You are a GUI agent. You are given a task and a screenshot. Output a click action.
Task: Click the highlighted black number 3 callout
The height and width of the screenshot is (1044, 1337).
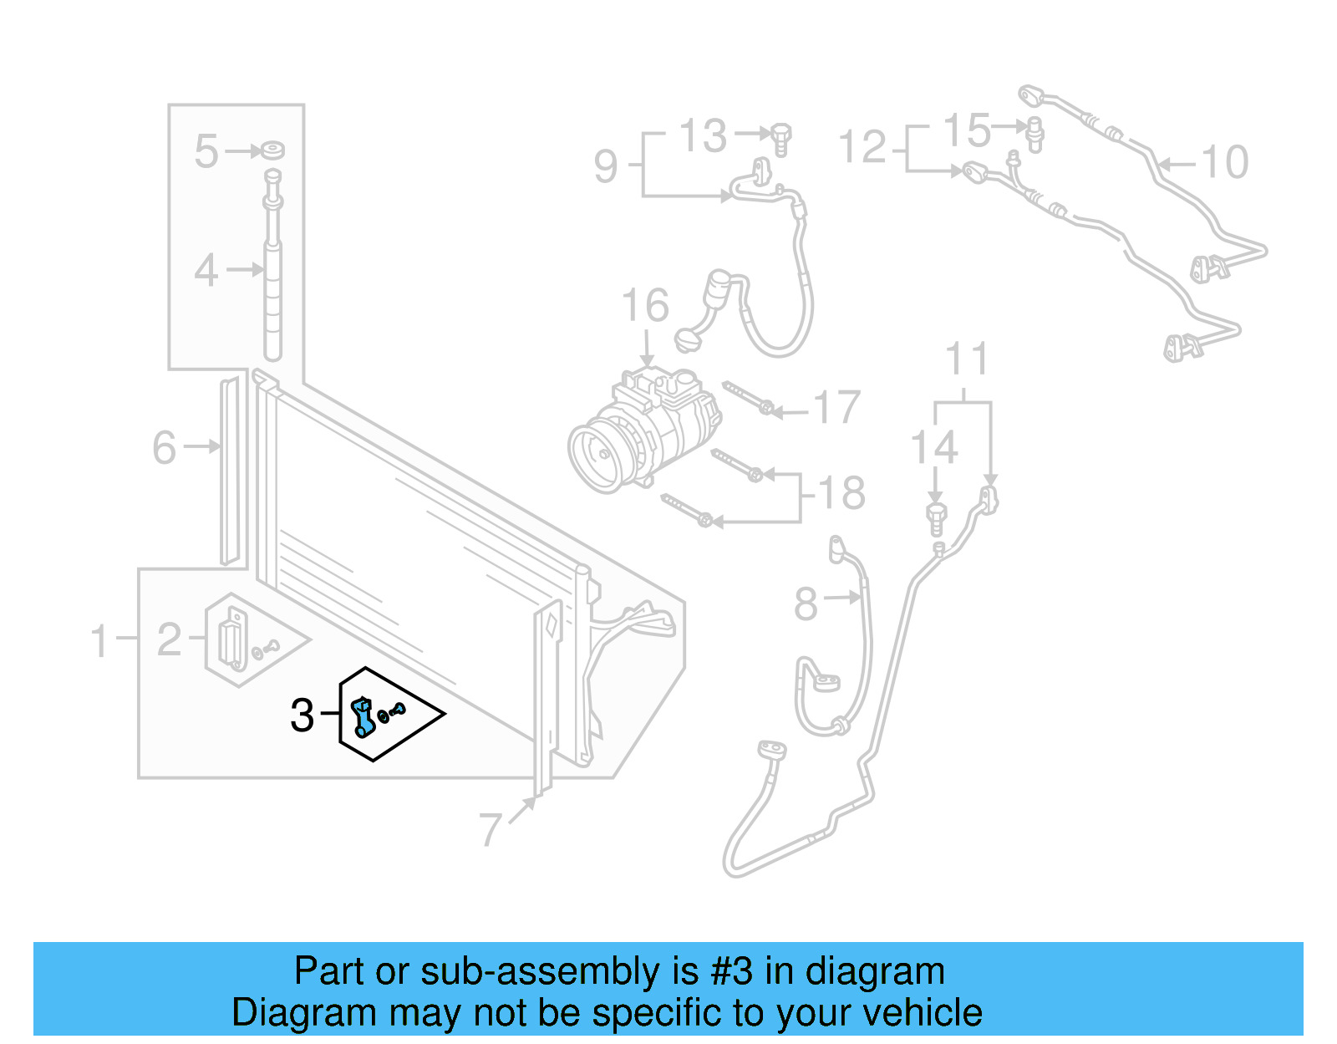tap(302, 716)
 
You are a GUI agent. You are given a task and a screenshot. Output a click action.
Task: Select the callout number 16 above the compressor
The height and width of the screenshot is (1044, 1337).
tap(645, 306)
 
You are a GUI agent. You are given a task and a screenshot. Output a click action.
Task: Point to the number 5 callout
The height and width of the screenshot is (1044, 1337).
tap(206, 152)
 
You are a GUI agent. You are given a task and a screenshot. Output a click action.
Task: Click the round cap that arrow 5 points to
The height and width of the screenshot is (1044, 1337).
tap(272, 150)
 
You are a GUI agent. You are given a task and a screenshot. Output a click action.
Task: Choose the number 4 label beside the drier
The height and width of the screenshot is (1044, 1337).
tap(206, 271)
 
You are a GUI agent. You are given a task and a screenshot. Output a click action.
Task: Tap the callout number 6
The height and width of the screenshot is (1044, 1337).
tap(165, 447)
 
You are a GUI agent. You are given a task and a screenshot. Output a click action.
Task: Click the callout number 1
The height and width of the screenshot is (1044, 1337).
tap(99, 641)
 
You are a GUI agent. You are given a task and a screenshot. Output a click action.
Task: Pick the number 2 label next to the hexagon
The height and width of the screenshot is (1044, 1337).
tap(170, 640)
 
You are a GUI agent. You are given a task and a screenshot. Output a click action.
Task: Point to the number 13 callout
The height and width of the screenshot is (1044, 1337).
tap(703, 135)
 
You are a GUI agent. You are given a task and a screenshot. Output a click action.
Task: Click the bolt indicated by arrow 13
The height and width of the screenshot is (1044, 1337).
tap(781, 139)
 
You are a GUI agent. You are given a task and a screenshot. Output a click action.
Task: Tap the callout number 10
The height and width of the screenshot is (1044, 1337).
tap(1225, 162)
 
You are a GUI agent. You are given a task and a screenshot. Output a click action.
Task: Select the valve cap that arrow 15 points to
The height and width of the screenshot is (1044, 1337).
tap(1035, 134)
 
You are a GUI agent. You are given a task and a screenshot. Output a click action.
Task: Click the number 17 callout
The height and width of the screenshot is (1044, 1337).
tap(836, 408)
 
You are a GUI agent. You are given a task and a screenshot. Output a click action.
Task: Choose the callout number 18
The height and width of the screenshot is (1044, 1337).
tap(841, 493)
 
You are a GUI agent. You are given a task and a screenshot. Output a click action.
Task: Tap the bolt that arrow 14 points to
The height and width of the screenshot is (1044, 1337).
tap(936, 518)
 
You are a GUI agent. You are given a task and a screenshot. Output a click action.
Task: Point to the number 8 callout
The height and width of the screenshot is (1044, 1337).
tap(806, 603)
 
